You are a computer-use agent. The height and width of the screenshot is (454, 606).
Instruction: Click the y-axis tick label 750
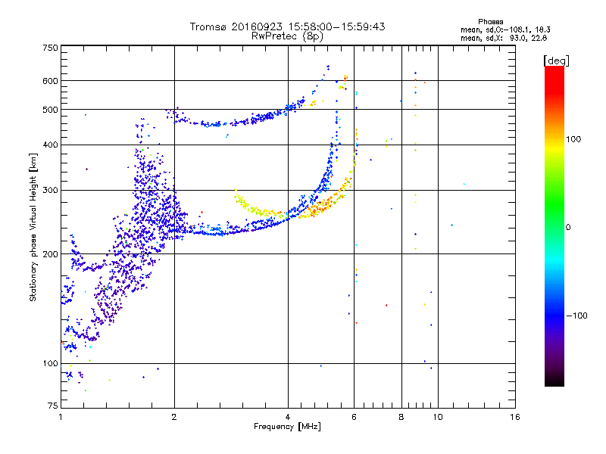pyautogui.click(x=50, y=47)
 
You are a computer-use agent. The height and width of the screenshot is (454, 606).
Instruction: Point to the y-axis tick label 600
pyautogui.click(x=50, y=80)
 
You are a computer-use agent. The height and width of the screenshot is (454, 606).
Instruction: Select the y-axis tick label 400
pyautogui.click(x=50, y=145)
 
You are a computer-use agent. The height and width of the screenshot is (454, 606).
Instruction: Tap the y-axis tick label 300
pyautogui.click(x=50, y=190)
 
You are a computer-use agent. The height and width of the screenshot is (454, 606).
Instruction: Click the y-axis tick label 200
pyautogui.click(x=50, y=253)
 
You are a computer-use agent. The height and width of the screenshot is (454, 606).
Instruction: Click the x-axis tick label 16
pyautogui.click(x=514, y=417)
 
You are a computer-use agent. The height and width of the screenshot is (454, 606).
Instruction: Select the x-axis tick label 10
pyautogui.click(x=437, y=417)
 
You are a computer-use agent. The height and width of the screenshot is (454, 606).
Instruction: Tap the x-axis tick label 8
pyautogui.click(x=401, y=417)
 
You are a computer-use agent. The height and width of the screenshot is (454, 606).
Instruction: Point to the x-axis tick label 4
pyautogui.click(x=288, y=417)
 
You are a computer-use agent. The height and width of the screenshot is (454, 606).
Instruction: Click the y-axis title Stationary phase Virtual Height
pyautogui.click(x=33, y=227)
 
